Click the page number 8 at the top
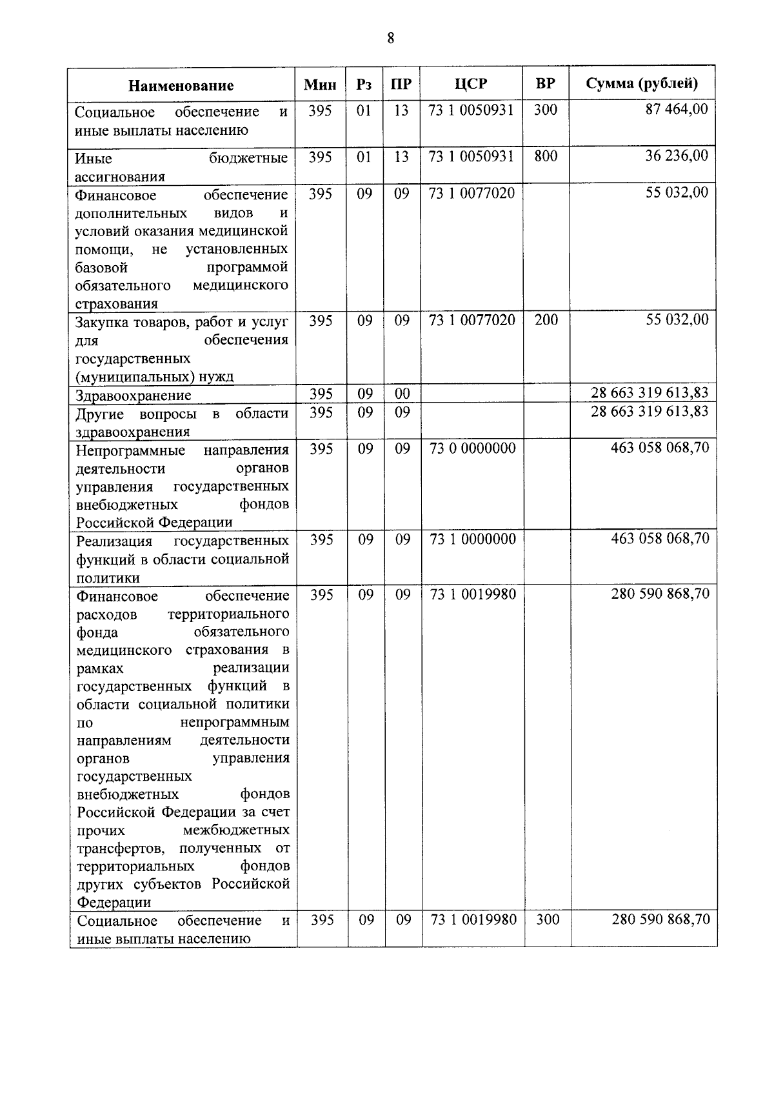click(390, 38)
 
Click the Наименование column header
click(181, 85)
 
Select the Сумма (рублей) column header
click(642, 83)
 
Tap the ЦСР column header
click(471, 84)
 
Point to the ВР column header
click(546, 84)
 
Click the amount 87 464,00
click(677, 110)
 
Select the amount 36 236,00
click(677, 155)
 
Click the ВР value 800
click(546, 156)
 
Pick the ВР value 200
click(546, 319)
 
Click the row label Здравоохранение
click(133, 396)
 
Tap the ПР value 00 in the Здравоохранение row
click(402, 394)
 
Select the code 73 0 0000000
click(472, 448)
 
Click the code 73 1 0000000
click(473, 539)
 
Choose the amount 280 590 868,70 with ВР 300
click(660, 919)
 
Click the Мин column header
click(321, 85)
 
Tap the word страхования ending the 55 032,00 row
click(116, 304)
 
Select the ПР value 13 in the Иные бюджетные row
click(401, 156)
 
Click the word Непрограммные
click(130, 450)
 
